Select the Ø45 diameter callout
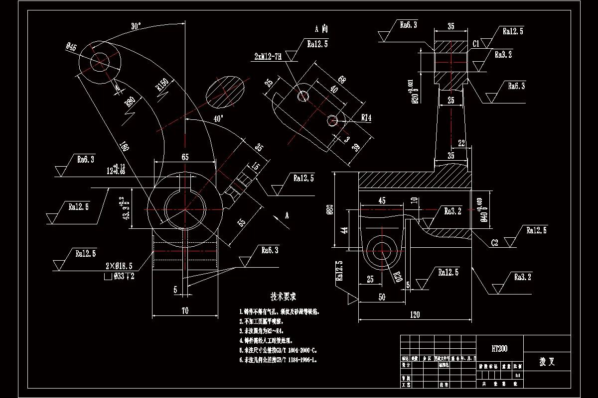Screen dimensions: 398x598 click(x=71, y=48)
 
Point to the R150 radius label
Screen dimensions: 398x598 click(x=161, y=86)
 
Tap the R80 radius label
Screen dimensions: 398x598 click(x=130, y=102)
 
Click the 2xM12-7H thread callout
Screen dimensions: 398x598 click(x=267, y=57)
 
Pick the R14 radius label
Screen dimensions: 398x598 click(x=366, y=118)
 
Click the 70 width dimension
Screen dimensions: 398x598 click(x=184, y=310)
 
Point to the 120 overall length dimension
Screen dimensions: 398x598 click(x=415, y=314)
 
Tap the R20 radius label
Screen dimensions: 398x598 click(x=398, y=276)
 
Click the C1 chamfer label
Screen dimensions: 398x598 click(x=476, y=44)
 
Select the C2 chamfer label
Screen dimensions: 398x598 click(x=495, y=243)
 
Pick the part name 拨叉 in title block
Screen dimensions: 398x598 click(x=547, y=362)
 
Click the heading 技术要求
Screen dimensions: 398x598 click(x=283, y=297)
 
